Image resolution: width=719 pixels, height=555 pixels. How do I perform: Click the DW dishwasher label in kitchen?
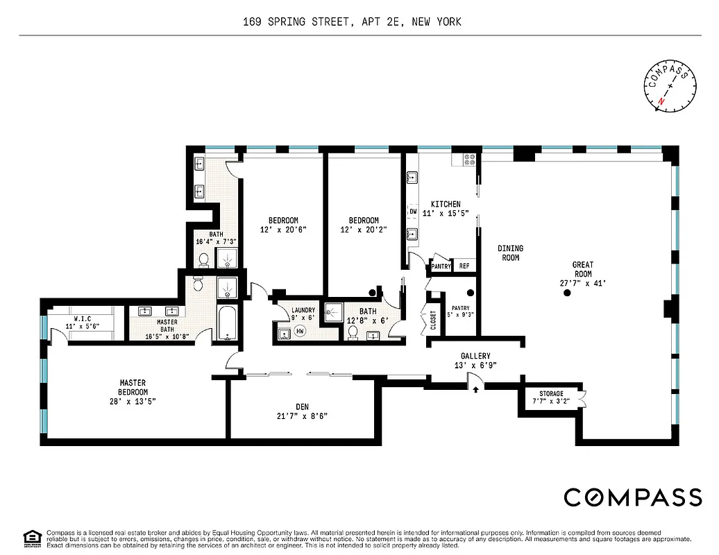tap(413, 212)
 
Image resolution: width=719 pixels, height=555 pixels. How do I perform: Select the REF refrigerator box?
tap(464, 266)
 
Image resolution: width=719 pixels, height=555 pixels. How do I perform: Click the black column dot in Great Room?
tap(567, 293)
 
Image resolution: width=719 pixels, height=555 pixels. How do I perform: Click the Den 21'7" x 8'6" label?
tap(301, 411)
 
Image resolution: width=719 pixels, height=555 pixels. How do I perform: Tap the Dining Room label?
tap(510, 253)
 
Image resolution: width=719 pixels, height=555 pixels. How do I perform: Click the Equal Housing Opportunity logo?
tap(31, 537)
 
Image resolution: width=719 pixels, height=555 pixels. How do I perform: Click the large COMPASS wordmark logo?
tap(632, 497)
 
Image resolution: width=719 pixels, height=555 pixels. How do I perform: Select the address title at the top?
tap(352, 22)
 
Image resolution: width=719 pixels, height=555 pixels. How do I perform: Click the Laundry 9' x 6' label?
tap(303, 314)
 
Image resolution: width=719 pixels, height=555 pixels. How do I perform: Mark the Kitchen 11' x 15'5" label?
tap(446, 209)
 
